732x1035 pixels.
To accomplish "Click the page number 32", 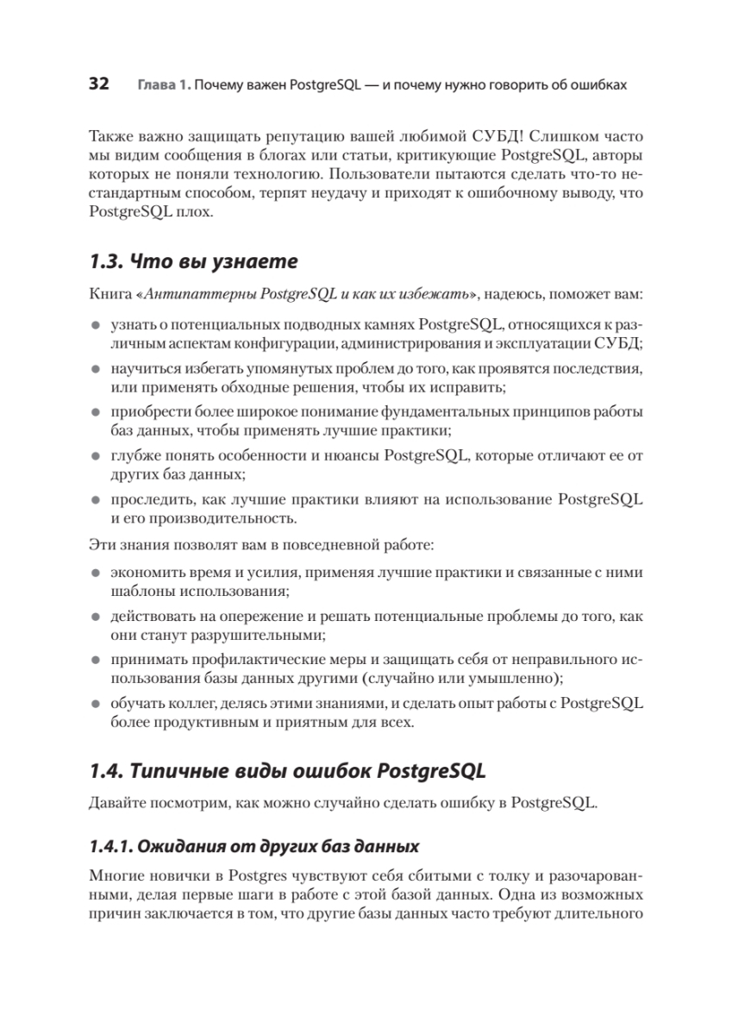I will click(x=99, y=85).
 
